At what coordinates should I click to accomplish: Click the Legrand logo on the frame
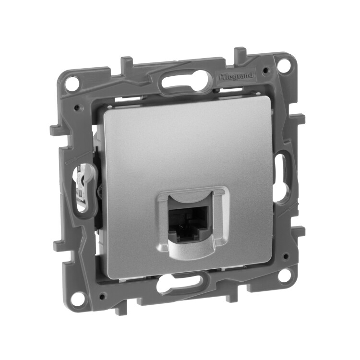pos(236,76)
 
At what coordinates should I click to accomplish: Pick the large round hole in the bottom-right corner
pos(285,275)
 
